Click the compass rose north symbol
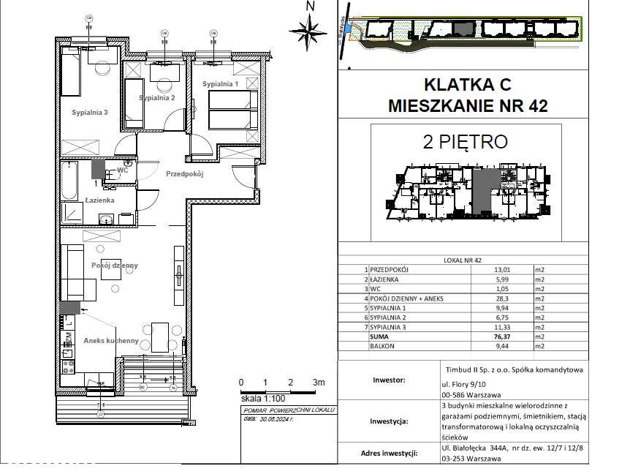pos(308,29)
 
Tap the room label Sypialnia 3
pos(90,113)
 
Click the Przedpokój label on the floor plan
pos(183,174)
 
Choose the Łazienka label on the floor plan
pos(99,200)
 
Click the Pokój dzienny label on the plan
pos(115,266)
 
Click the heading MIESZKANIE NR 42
pos(468,105)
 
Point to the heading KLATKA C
pos(468,83)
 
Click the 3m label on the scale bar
pos(318,383)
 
